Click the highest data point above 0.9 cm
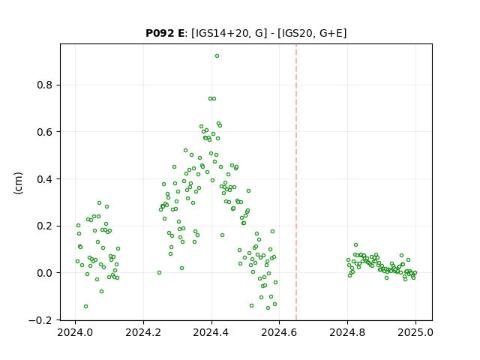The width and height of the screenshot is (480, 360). click(x=217, y=56)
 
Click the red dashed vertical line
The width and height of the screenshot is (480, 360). click(x=296, y=182)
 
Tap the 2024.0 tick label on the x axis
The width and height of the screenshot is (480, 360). click(x=75, y=332)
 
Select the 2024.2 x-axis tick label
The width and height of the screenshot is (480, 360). click(x=143, y=332)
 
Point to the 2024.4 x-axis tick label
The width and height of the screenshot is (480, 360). click(x=211, y=332)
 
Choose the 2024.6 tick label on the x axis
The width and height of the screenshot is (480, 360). click(x=279, y=332)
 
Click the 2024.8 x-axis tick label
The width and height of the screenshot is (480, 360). click(x=347, y=332)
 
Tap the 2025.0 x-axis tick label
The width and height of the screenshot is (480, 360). click(x=415, y=332)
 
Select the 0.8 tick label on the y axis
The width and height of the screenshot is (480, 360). click(x=45, y=85)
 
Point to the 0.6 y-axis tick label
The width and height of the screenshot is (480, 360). click(x=45, y=132)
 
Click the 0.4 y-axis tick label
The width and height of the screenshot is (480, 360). click(x=45, y=179)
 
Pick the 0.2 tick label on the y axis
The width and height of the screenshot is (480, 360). click(x=45, y=226)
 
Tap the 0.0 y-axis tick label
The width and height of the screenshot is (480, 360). click(x=45, y=273)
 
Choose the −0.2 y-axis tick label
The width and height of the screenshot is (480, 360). click(x=40, y=320)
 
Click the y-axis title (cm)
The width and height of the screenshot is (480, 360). click(x=18, y=183)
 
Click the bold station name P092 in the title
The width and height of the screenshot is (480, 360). click(x=160, y=33)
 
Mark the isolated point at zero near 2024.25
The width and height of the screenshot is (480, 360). click(x=159, y=272)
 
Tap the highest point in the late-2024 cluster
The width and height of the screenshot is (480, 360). click(x=355, y=245)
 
